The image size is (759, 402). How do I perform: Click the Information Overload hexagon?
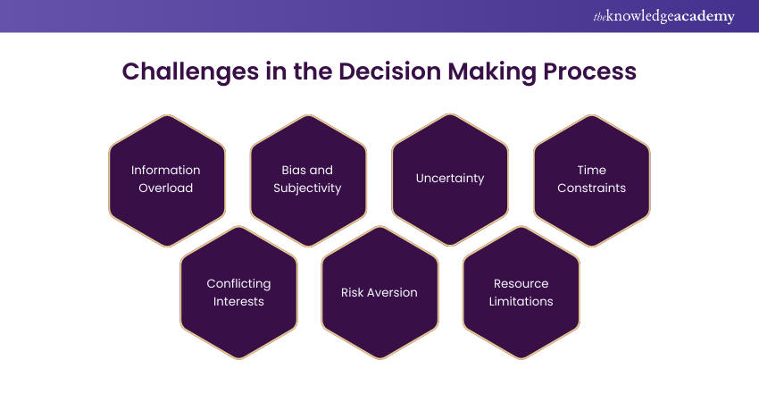(166, 180)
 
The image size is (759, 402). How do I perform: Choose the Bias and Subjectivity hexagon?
(308, 180)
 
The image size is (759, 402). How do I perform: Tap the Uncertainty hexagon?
(450, 179)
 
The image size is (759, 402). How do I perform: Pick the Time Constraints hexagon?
(591, 180)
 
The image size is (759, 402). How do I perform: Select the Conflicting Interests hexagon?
(238, 292)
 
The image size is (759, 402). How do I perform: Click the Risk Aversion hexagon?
(379, 292)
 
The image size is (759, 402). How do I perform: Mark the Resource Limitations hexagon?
(521, 292)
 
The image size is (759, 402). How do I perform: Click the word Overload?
(166, 188)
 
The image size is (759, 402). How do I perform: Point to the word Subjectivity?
(308, 188)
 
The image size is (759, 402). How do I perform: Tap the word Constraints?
(591, 188)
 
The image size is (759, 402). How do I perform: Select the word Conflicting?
(238, 283)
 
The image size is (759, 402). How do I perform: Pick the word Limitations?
(521, 302)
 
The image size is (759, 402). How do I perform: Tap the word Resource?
(521, 283)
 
